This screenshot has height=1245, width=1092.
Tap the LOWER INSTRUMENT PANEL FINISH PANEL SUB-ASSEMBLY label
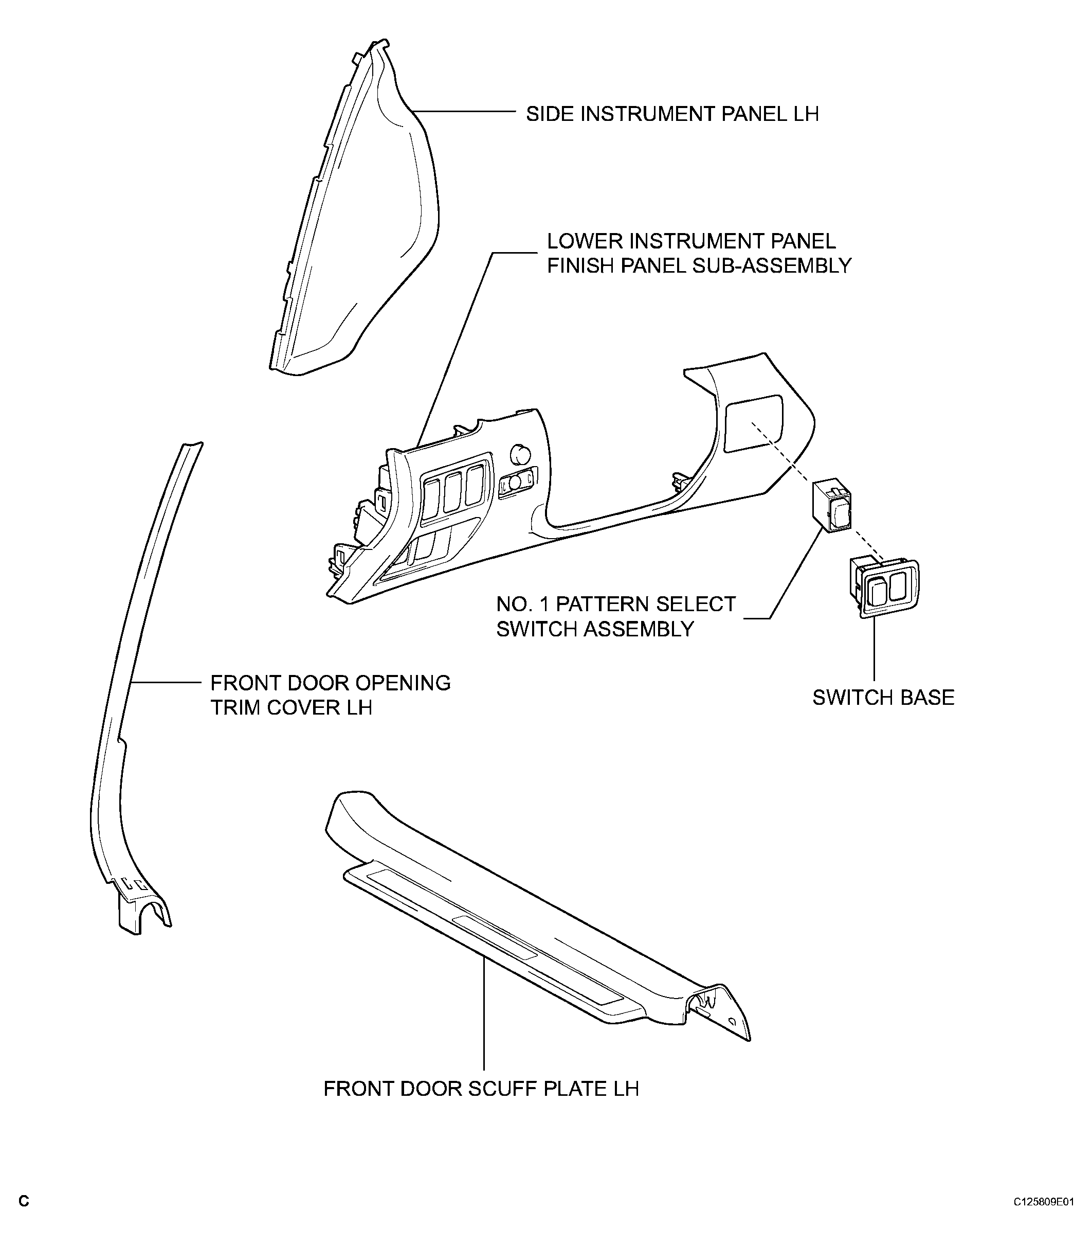click(x=698, y=254)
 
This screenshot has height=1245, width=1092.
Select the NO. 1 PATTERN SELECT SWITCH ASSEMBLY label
click(x=615, y=616)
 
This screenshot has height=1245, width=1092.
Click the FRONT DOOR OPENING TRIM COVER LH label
click(x=330, y=695)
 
